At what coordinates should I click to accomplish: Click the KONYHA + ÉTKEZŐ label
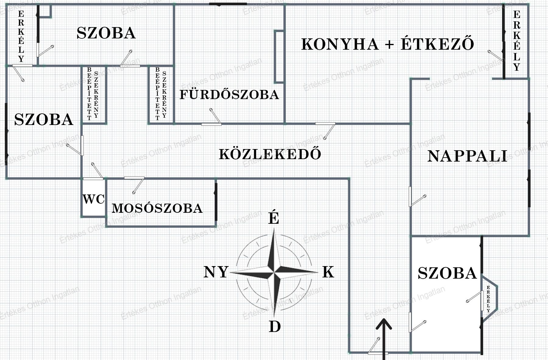point(387,44)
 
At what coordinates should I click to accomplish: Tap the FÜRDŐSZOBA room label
point(229,94)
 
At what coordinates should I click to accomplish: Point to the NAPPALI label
point(468,156)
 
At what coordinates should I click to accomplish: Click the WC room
point(94,199)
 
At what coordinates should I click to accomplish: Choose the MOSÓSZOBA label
point(157,208)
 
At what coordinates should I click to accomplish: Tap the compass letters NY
point(216,272)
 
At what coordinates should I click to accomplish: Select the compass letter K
point(328,272)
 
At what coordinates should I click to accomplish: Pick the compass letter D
point(274,327)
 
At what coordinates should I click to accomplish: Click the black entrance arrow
point(384,335)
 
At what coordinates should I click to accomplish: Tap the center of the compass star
point(274,272)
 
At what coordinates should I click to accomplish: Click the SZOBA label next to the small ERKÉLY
point(447,273)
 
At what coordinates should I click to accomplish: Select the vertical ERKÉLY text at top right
point(517,41)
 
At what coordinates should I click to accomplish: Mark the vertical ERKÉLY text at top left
point(21,37)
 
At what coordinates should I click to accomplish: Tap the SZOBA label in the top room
point(106,33)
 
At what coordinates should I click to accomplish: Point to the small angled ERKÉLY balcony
point(489,299)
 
